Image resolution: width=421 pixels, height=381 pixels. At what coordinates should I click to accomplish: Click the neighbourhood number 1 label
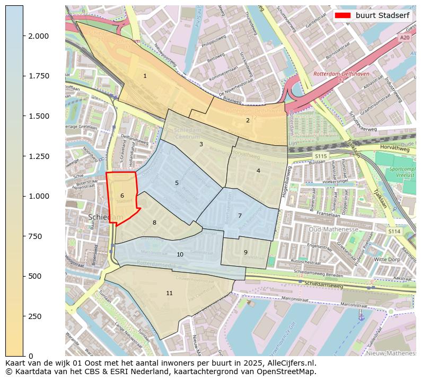145,76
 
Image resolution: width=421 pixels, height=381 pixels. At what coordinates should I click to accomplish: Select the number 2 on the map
248,120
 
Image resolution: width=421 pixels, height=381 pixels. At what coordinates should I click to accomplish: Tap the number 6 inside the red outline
122,196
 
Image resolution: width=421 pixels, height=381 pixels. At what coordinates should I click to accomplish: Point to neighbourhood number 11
169,293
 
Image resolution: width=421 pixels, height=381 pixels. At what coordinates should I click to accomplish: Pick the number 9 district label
245,252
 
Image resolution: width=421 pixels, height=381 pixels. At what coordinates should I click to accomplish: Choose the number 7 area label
240,216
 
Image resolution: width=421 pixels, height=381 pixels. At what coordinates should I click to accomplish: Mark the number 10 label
180,255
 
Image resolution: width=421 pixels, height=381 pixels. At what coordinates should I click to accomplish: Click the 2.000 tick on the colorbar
39,36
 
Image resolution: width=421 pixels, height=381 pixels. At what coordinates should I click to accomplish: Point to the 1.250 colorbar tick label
39,156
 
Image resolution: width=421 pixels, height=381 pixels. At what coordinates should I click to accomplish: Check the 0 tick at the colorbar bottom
31,356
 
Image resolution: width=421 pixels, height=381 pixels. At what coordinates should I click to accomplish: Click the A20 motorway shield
405,38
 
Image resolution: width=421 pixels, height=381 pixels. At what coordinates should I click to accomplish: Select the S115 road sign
320,156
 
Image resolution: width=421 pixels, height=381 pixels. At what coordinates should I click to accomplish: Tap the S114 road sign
393,231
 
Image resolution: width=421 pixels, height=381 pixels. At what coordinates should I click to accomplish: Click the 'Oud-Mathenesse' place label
334,229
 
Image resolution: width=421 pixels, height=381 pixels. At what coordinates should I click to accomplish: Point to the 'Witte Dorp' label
387,260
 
